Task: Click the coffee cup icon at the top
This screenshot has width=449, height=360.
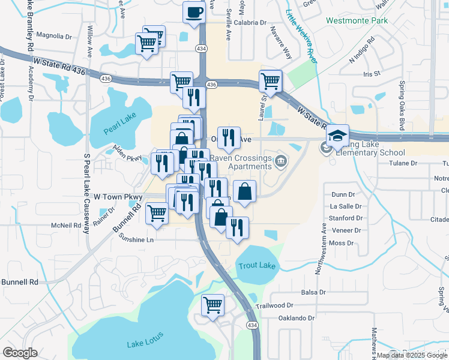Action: point(194,13)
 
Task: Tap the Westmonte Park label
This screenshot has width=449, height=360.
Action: point(357,20)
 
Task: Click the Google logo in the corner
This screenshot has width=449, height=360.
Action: point(20,353)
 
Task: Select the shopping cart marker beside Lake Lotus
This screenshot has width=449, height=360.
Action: point(212,305)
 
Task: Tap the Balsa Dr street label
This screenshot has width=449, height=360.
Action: point(313,293)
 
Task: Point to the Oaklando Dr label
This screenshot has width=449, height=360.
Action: point(294,318)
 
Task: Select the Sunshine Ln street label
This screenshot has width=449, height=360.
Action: point(137,239)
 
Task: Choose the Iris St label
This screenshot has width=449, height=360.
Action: point(372,74)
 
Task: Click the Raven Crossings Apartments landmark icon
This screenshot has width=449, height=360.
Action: point(280,161)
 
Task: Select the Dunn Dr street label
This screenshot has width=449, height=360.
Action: point(343,194)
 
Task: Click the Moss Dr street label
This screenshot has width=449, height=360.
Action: point(342,243)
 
